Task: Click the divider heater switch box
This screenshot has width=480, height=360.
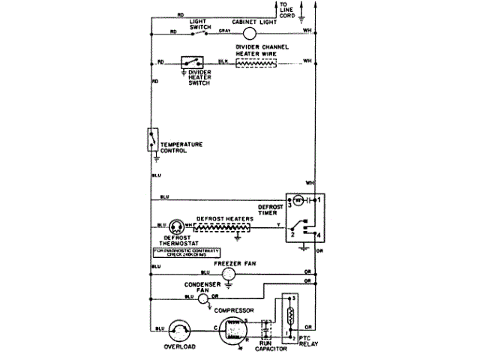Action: tap(193, 63)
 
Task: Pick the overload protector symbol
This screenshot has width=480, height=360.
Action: tap(178, 329)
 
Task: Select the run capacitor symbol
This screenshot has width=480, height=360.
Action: tap(266, 329)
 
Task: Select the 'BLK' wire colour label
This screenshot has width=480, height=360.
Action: tap(223, 60)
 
